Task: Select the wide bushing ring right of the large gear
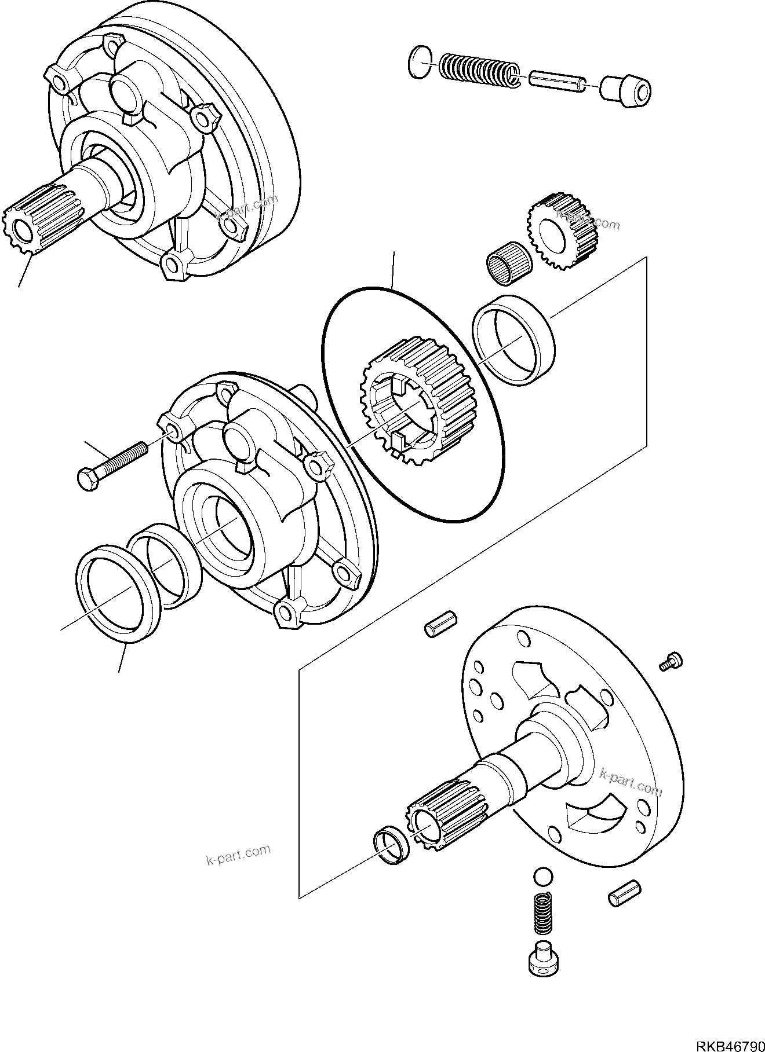click(513, 339)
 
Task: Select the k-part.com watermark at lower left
click(238, 854)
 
